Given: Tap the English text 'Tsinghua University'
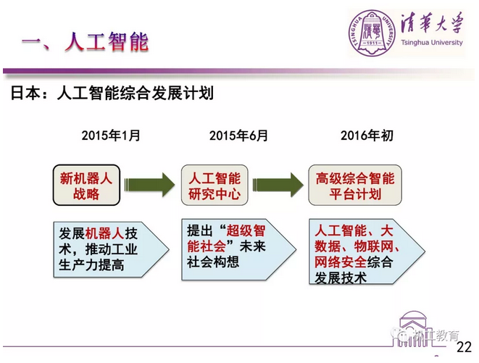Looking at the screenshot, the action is [432, 43].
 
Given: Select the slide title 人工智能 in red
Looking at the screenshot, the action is [107, 41].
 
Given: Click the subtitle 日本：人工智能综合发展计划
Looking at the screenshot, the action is [112, 93].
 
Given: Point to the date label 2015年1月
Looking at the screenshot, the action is [111, 135].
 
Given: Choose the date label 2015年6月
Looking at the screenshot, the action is [238, 135].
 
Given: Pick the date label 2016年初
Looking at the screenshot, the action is [367, 135].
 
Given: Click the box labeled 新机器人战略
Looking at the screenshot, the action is [86, 185].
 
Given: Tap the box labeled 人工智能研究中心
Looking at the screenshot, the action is [214, 185].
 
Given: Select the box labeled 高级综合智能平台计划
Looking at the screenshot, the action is [355, 185].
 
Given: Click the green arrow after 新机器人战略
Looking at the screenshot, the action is [150, 185].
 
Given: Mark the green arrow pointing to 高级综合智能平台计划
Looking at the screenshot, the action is [278, 185].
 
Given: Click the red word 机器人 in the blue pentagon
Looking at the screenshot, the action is [105, 234].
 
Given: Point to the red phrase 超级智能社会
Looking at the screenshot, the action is [226, 238].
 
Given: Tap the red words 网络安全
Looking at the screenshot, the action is [341, 262].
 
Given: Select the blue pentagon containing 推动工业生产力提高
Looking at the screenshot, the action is [111, 250].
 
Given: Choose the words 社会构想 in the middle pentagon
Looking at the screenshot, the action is [213, 262].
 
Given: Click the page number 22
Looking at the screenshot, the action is [464, 347].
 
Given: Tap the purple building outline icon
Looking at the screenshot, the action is [413, 329].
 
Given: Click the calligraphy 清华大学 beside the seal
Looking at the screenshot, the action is [433, 22].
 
